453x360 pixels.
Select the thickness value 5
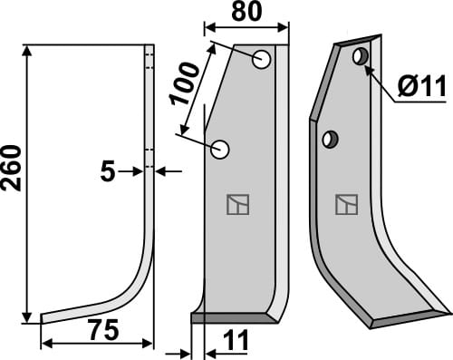pyautogui.click(x=108, y=170)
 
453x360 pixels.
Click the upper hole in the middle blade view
pyautogui.click(x=262, y=61)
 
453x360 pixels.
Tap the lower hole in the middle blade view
pyautogui.click(x=221, y=149)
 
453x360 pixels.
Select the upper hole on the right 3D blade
pyautogui.click(x=361, y=57)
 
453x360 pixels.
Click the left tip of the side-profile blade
pyautogui.click(x=43, y=319)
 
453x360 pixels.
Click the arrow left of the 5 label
pyautogui.click(x=136, y=170)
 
